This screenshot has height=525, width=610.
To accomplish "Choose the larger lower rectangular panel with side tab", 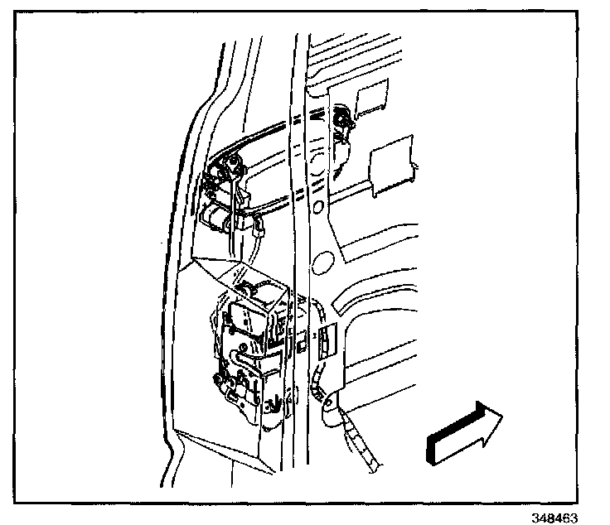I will click(x=390, y=171).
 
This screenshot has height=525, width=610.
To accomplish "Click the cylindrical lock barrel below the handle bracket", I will click(x=217, y=219).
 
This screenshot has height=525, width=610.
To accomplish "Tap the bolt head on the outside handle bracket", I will click(x=217, y=174).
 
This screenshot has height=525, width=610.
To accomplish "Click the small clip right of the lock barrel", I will click(x=259, y=221).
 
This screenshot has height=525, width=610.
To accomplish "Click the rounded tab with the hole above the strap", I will click(x=330, y=406).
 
